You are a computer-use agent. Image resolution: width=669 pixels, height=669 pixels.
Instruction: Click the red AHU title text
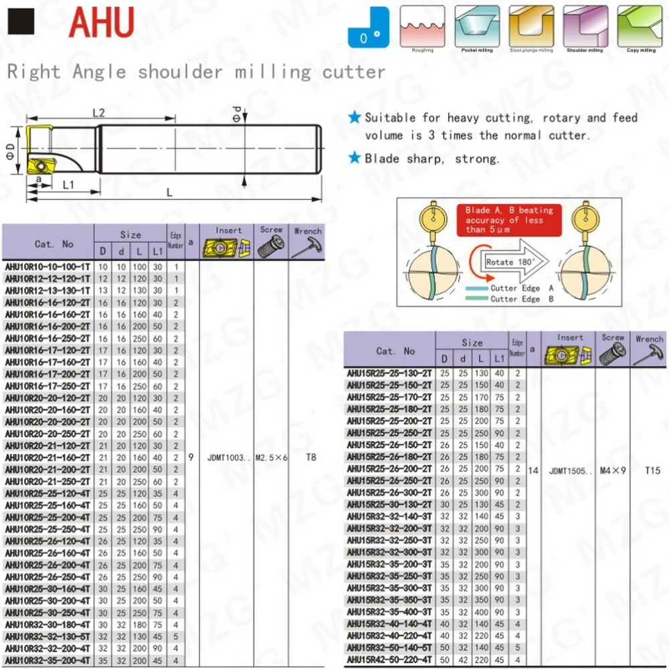coord(102,24)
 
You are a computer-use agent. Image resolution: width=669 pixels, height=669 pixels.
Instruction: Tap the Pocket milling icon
coord(477,27)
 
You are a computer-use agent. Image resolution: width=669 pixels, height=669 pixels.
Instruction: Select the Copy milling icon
coord(641,27)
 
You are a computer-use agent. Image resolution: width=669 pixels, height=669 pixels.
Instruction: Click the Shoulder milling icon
coord(586,27)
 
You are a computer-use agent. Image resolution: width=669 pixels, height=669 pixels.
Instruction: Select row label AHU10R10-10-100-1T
coord(47,267)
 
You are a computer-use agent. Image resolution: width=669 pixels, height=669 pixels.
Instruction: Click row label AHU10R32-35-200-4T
coord(47,660)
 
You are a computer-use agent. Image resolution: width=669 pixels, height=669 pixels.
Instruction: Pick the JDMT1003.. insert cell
coord(225,458)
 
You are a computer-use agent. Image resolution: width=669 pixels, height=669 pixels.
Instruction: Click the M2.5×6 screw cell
coord(271,458)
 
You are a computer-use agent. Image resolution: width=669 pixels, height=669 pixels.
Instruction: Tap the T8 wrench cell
coord(310,458)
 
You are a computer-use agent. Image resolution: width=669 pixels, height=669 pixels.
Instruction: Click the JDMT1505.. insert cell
coord(569,470)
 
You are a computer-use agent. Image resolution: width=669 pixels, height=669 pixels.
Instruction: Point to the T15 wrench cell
coord(652,470)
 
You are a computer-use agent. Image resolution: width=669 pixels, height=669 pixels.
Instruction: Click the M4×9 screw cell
coord(613,470)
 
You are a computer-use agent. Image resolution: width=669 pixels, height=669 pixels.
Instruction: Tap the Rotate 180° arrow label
coord(509,262)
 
